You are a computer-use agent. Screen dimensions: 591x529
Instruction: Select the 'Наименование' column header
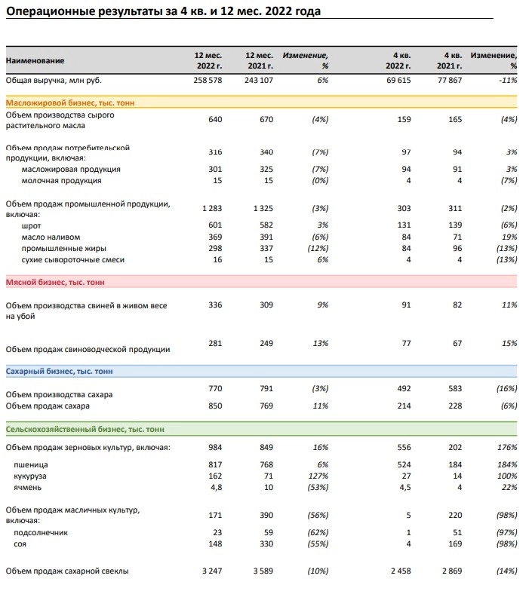(x=35, y=61)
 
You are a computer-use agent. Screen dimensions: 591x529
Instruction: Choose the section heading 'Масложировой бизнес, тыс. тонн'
(x=71, y=102)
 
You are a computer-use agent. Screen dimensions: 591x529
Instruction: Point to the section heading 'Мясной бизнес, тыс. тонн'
(x=56, y=281)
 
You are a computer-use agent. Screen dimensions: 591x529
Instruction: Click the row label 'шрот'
(x=32, y=225)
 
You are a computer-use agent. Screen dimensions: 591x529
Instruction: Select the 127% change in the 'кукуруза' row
(x=317, y=476)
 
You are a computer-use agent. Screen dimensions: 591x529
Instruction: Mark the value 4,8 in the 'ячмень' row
(x=215, y=487)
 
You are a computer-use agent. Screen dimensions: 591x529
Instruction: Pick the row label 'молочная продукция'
(x=62, y=181)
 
